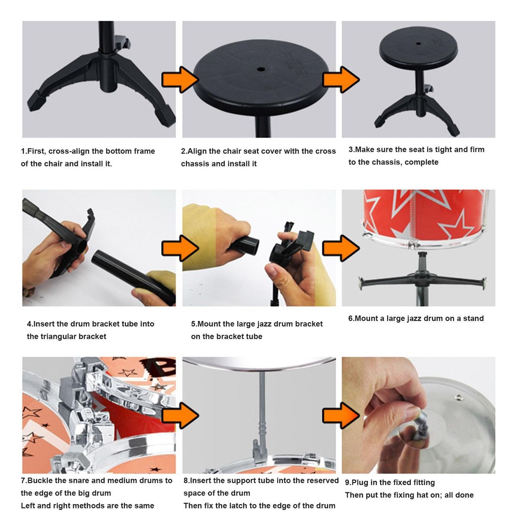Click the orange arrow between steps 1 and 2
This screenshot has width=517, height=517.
180,80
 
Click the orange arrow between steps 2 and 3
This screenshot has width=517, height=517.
341,80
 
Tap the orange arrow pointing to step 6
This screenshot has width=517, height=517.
341,248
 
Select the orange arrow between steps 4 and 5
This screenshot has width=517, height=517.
180,248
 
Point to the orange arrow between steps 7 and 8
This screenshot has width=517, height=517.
180,415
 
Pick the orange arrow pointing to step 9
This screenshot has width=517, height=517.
341,415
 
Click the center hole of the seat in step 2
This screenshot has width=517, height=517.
261,69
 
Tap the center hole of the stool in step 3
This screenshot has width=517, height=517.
418,43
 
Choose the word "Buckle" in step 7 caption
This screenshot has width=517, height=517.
40,480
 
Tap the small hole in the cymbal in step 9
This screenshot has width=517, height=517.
458,397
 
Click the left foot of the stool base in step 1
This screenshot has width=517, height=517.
37,101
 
